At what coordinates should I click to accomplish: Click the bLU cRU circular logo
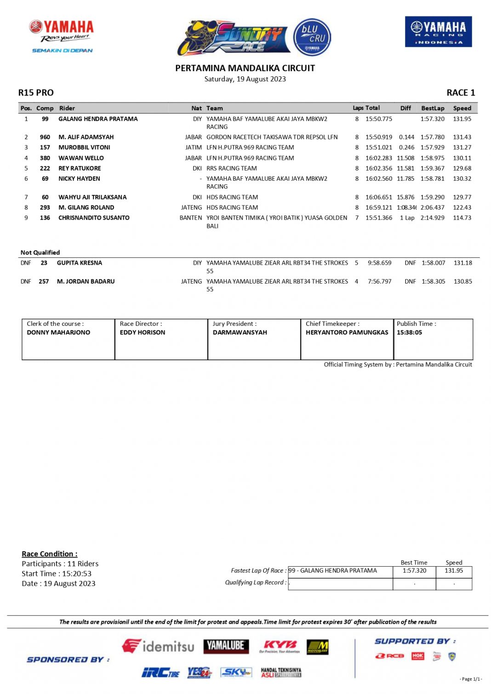312,37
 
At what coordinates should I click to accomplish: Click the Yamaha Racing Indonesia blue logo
438,32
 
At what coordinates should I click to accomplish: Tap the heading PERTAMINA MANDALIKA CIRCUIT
245,68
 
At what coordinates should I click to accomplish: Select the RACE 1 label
461,93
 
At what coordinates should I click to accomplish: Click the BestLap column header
433,108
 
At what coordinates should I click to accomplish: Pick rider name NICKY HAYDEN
79,179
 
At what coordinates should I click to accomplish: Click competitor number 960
45,137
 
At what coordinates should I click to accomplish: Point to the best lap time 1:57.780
432,137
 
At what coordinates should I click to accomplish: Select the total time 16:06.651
379,197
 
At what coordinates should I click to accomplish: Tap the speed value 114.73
462,218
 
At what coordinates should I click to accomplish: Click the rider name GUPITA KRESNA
80,263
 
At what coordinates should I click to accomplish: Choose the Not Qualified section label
40,252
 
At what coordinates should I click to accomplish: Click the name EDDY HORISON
143,332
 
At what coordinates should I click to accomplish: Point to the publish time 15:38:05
409,332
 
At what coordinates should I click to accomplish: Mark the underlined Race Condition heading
50,554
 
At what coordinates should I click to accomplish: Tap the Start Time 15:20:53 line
57,574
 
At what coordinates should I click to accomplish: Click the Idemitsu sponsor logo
158,646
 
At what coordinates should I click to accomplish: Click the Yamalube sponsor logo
226,646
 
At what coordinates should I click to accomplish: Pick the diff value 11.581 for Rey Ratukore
405,169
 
